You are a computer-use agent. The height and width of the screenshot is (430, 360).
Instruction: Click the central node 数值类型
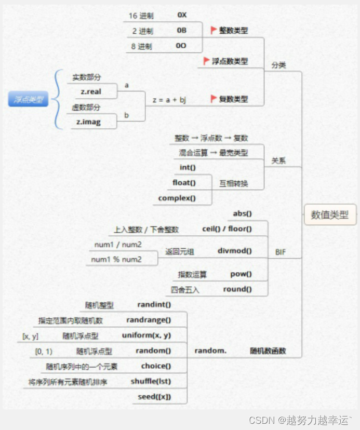point(330,214)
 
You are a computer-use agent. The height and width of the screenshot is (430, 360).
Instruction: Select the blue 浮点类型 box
point(29,99)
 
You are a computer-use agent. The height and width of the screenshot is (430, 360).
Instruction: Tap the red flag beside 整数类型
point(214,30)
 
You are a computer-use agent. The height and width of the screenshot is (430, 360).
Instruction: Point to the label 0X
point(182,16)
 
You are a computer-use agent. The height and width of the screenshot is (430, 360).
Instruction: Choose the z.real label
point(90,91)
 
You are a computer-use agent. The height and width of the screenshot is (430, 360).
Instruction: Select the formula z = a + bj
point(169,100)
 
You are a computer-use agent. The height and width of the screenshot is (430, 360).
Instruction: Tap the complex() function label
point(177,198)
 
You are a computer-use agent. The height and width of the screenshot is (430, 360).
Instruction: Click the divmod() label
point(235,251)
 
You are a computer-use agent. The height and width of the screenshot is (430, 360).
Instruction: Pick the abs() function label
point(242,213)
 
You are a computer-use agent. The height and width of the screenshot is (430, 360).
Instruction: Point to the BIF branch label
point(281,253)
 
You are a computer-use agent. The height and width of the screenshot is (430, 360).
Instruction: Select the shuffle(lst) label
point(151,382)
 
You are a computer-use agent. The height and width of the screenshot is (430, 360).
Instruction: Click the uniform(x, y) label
point(146,335)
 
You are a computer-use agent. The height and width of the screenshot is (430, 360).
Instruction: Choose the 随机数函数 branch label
point(268,351)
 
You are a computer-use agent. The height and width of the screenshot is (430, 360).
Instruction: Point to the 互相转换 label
point(234,183)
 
